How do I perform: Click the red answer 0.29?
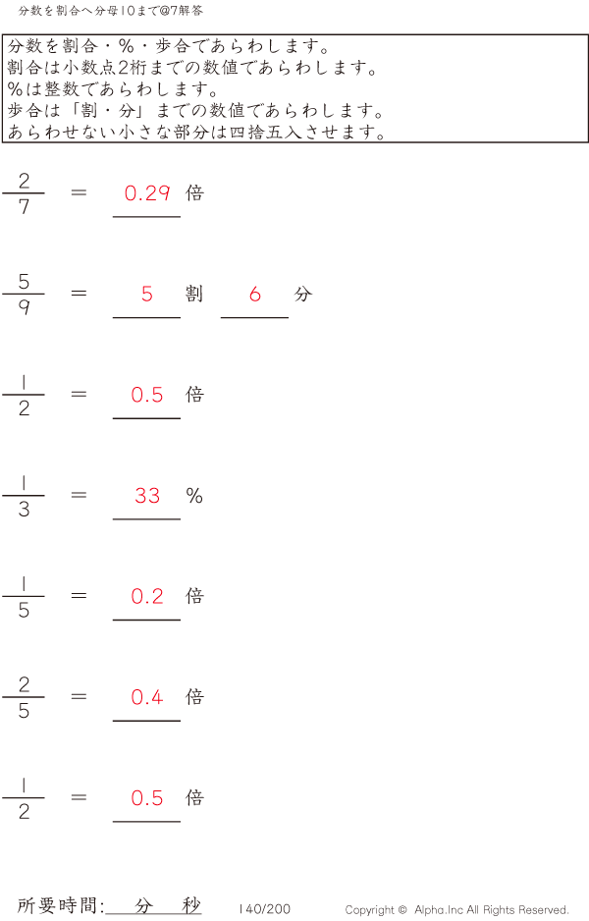[147, 193]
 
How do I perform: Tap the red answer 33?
[147, 496]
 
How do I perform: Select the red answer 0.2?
[147, 597]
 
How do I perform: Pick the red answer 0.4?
[147, 697]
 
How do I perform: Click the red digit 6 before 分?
[255, 295]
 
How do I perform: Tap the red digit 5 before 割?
[147, 295]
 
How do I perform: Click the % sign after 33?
[194, 496]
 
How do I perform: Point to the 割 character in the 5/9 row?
[194, 295]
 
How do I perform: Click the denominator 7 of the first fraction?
[24, 207]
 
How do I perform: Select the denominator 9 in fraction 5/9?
[24, 308]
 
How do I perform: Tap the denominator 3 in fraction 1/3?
[24, 510]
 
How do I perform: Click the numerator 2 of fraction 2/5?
[24, 684]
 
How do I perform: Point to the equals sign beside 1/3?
[80, 496]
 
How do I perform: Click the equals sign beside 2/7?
[80, 193]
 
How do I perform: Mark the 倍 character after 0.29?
[194, 193]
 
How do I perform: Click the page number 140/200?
[264, 909]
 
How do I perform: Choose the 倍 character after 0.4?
[194, 697]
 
